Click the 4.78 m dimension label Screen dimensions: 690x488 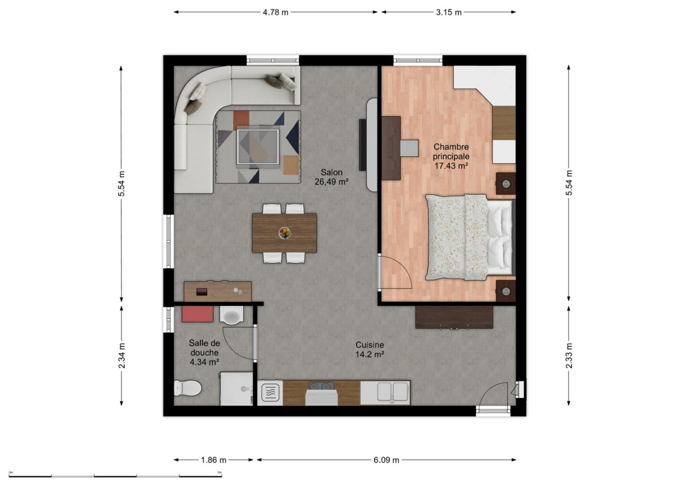(x=275, y=12)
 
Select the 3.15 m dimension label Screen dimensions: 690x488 (x=448, y=12)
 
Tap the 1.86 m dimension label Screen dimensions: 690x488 (x=213, y=460)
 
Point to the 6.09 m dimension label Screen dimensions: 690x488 (x=386, y=460)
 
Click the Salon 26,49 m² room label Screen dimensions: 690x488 (x=332, y=177)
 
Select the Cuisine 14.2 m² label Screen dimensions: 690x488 (x=370, y=349)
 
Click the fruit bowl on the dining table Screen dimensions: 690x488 (x=285, y=233)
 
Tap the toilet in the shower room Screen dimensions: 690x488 (x=187, y=387)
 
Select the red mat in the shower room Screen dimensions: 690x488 (x=198, y=314)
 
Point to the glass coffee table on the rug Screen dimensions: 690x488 (x=258, y=146)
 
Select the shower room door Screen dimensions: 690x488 (x=255, y=342)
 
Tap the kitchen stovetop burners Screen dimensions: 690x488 (x=322, y=386)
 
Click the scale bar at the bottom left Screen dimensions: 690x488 (x=115, y=476)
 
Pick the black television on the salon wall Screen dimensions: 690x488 (x=363, y=145)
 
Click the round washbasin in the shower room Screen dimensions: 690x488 (x=231, y=316)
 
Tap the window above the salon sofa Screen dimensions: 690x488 (x=273, y=60)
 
